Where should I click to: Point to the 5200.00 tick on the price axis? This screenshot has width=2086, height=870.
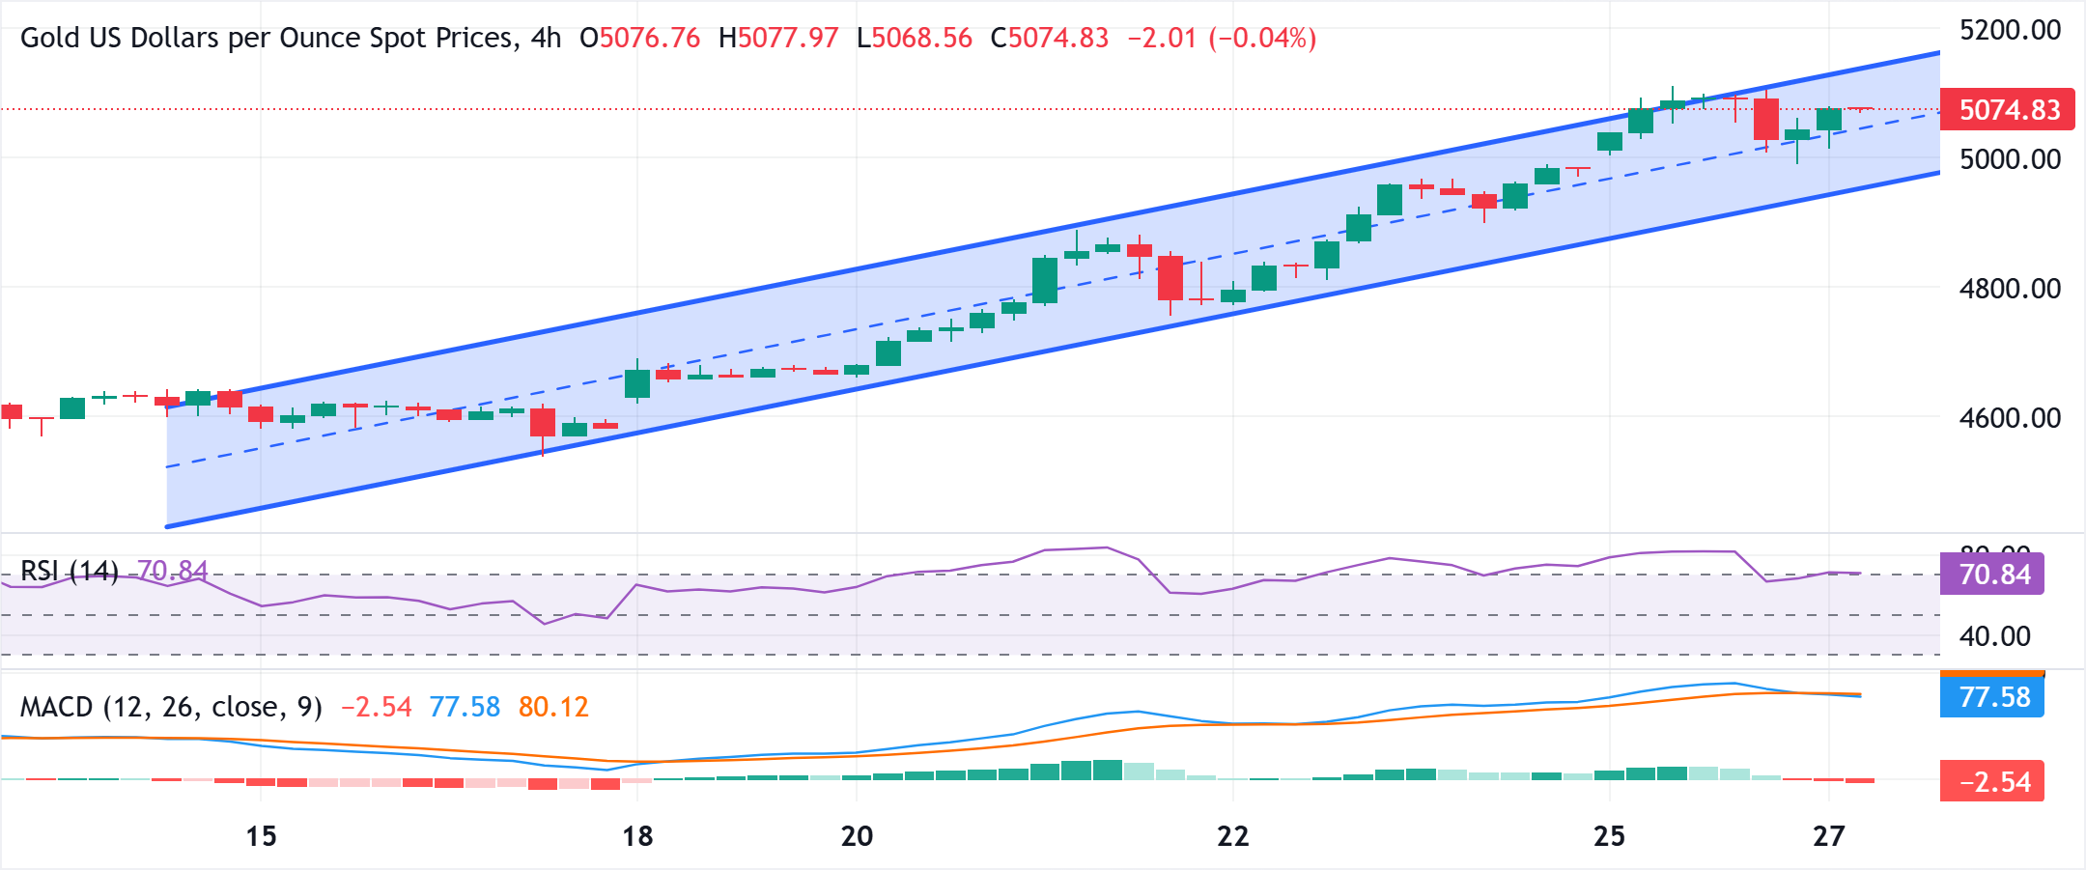(x=2010, y=30)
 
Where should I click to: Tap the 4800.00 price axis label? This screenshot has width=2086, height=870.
(x=2010, y=288)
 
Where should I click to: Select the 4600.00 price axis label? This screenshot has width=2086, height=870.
(x=2010, y=417)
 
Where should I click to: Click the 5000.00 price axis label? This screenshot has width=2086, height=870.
(x=2010, y=158)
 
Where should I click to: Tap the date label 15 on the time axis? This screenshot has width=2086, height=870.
(x=261, y=835)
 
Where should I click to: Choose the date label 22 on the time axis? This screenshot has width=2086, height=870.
(x=1232, y=835)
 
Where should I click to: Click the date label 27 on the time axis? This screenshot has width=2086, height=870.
(x=1828, y=835)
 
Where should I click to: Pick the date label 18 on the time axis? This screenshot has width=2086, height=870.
(x=637, y=835)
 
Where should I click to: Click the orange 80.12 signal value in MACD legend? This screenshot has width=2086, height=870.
(x=553, y=707)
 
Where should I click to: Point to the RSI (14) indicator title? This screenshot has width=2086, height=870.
(x=70, y=571)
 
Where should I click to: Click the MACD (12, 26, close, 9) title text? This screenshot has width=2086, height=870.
(x=171, y=707)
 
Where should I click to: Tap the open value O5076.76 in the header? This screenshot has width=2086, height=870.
(x=639, y=38)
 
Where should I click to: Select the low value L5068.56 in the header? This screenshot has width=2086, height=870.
(x=914, y=38)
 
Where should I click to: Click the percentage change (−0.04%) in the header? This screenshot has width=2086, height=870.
(x=1262, y=38)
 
